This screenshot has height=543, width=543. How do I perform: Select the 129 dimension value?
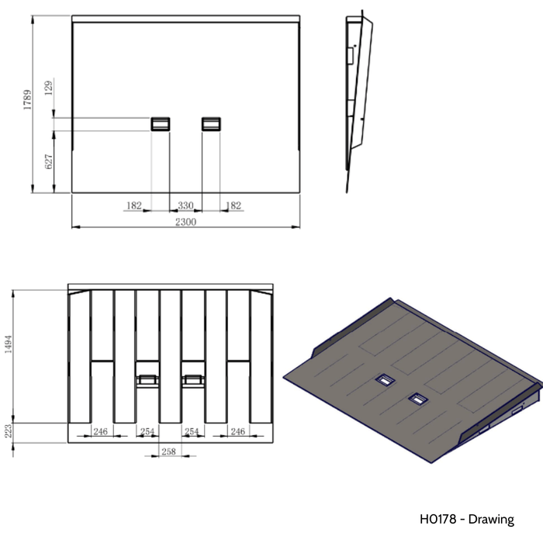click(48, 89)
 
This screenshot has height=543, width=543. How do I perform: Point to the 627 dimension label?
click(48, 161)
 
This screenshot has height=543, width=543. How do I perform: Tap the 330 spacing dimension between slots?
click(185, 206)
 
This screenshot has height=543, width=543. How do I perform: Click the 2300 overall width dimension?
click(185, 221)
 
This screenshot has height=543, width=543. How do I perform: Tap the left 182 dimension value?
click(133, 206)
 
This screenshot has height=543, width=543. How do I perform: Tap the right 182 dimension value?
click(232, 206)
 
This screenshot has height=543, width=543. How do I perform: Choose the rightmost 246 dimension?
click(237, 432)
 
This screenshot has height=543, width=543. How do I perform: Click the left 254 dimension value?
click(147, 432)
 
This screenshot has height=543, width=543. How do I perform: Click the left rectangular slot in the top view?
click(161, 123)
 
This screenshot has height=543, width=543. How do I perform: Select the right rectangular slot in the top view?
click(211, 123)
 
